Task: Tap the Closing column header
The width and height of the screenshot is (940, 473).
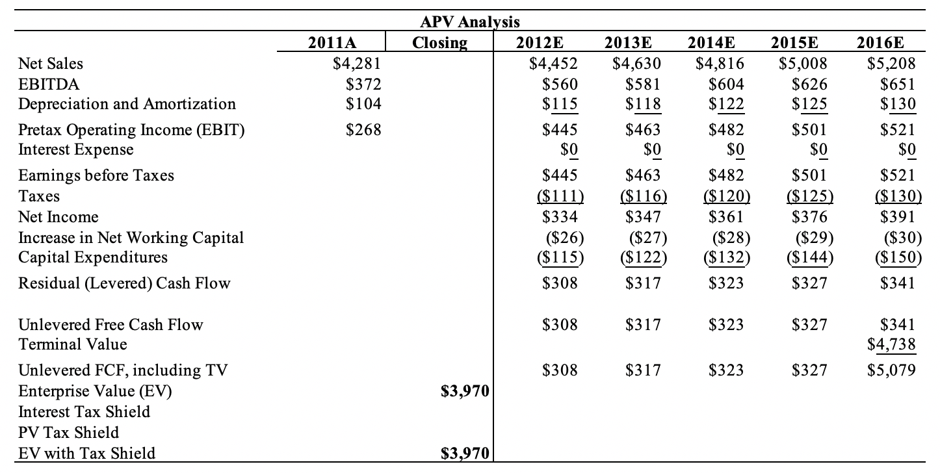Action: coord(439,43)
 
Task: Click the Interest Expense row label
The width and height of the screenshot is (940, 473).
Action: coord(75,149)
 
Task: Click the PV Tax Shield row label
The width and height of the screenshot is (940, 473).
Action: coord(68,433)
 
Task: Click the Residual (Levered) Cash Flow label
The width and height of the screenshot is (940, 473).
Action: coord(124,283)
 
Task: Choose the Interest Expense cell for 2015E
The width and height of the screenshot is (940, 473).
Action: coord(818,150)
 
